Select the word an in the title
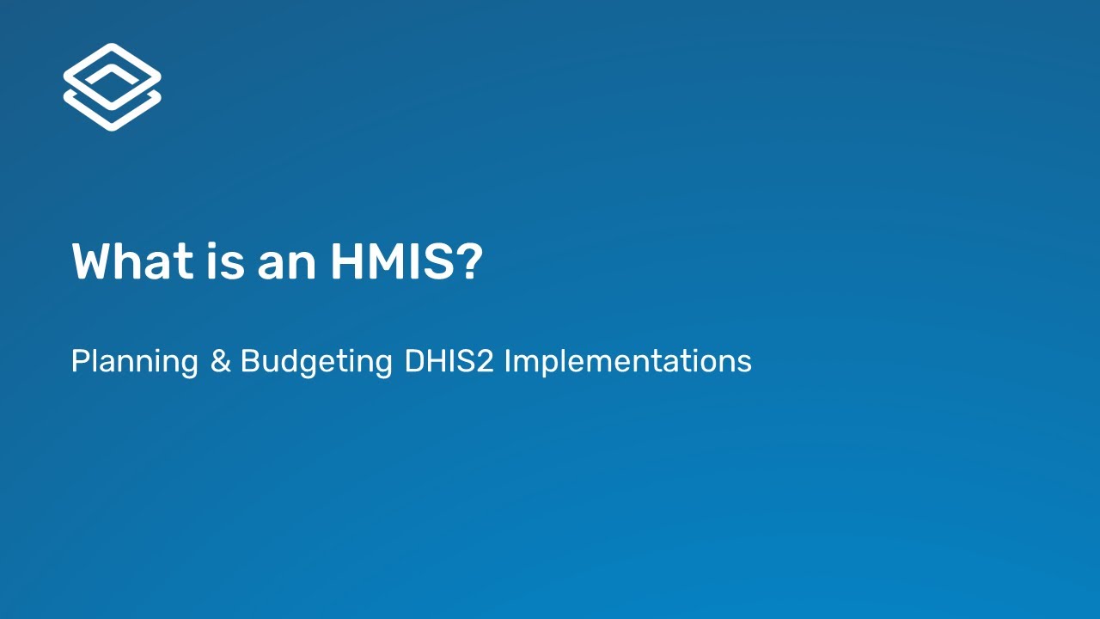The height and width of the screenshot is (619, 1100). (x=288, y=261)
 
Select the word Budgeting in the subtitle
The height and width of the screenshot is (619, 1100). (x=316, y=361)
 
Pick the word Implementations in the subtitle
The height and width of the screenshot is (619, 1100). (x=627, y=361)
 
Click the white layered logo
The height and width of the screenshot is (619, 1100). (x=112, y=87)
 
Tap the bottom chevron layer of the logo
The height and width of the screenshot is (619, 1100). (x=112, y=115)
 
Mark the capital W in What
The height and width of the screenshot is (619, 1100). (x=90, y=261)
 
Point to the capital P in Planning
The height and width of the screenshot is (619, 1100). (x=79, y=361)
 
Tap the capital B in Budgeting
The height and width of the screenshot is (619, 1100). (x=249, y=361)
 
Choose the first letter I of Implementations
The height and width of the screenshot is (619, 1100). (x=507, y=361)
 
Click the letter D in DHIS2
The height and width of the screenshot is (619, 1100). (x=413, y=361)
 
